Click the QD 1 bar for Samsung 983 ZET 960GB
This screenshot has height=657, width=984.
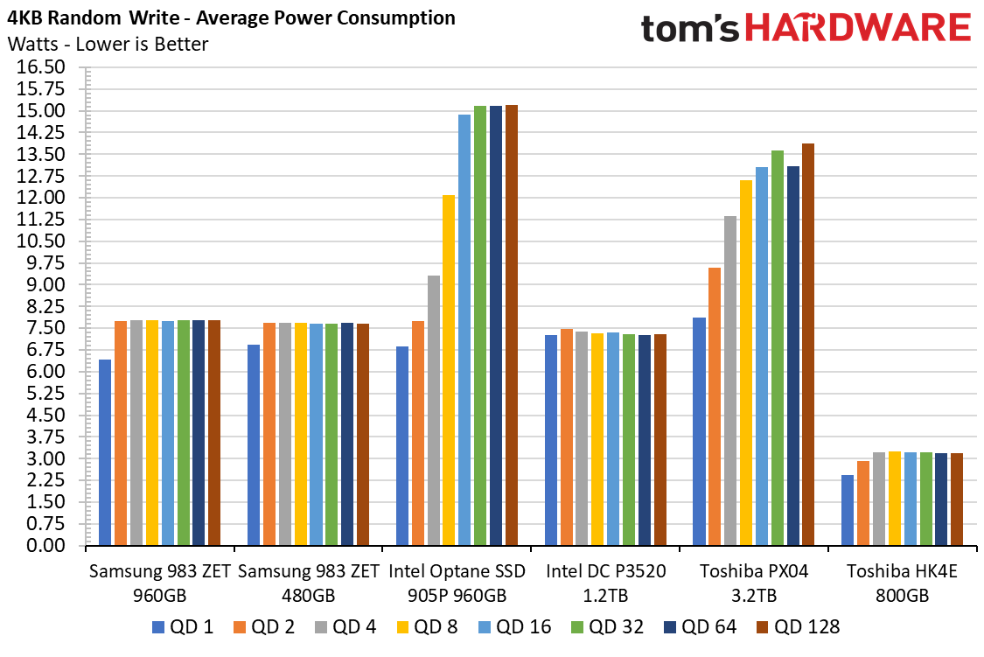(105, 452)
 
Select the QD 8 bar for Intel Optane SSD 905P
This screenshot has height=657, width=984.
(449, 370)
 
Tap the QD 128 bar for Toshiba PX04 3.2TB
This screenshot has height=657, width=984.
(808, 345)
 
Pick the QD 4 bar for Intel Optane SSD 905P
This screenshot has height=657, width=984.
(434, 410)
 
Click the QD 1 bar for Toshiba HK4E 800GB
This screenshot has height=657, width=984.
(848, 510)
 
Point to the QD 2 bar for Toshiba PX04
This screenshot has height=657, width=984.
(715, 407)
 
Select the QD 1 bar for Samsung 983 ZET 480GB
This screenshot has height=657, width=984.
(254, 445)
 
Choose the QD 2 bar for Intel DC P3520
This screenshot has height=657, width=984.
(567, 437)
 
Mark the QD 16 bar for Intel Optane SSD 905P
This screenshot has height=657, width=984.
(464, 330)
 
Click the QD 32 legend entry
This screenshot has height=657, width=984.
(607, 627)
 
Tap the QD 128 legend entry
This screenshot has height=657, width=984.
(798, 627)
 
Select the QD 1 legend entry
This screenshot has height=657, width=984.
(183, 627)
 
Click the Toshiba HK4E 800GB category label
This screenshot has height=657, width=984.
(902, 583)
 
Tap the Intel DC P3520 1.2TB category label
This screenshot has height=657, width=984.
(605, 583)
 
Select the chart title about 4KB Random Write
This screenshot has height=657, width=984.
(231, 17)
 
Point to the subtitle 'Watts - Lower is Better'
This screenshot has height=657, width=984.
(108, 44)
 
